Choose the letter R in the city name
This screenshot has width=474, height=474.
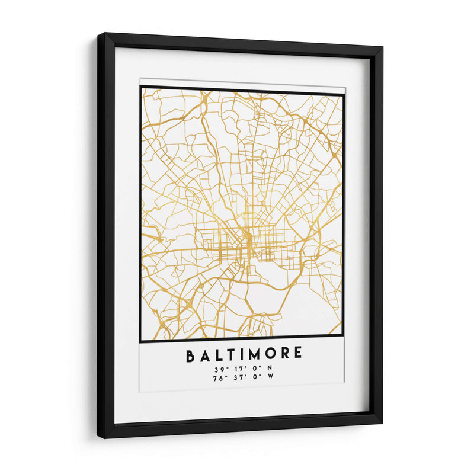(286, 355)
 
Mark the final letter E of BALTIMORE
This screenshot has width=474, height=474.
(298, 355)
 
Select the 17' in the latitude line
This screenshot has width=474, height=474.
(238, 369)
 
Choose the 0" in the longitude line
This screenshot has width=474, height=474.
(253, 377)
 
